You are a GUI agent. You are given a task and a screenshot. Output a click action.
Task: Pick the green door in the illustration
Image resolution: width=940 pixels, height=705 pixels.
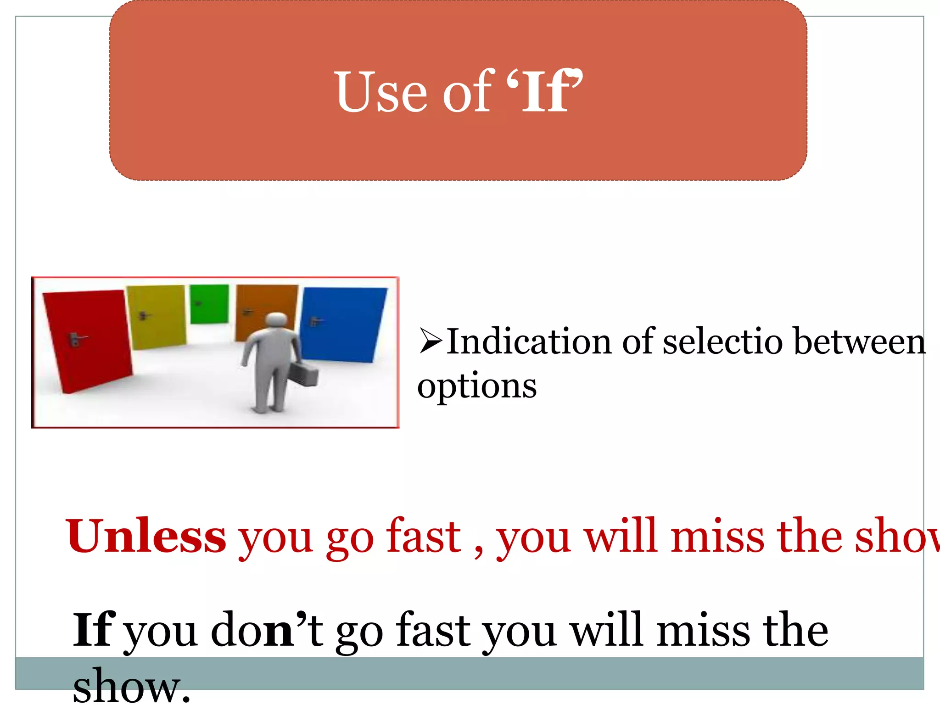point(209,303)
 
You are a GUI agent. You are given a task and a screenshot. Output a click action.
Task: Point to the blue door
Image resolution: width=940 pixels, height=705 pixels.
point(344,324)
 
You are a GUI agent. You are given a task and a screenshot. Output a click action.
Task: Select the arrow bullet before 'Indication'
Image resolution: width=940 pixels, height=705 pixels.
point(430,341)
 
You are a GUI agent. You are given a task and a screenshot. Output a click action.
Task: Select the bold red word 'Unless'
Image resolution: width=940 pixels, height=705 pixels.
point(146,536)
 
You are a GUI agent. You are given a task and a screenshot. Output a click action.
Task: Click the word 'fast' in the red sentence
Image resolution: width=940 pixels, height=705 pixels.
point(423,536)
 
